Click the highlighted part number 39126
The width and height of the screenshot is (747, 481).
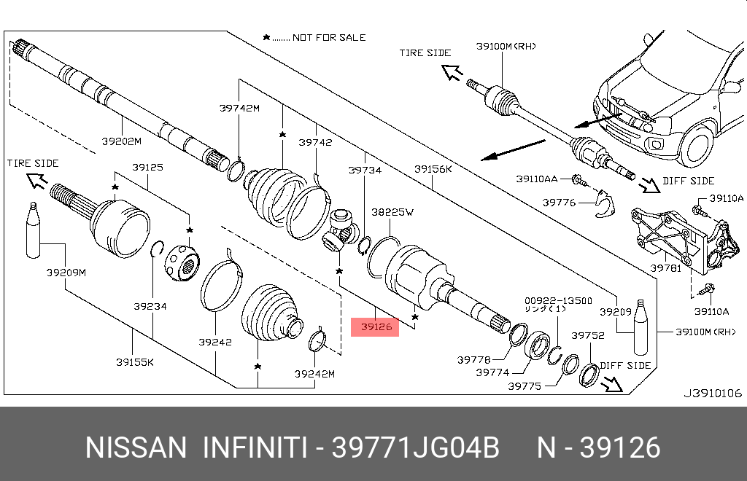click(x=377, y=327)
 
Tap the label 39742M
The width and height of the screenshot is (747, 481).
click(x=239, y=109)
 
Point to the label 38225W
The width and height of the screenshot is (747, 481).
click(x=392, y=212)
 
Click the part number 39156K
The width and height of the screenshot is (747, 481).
click(x=433, y=169)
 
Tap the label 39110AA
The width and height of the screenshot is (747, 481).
click(x=537, y=179)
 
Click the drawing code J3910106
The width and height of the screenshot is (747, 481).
click(x=712, y=393)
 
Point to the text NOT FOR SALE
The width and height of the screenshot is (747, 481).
click(x=329, y=37)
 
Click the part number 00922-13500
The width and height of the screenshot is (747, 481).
click(x=558, y=300)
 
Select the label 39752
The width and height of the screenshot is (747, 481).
click(x=588, y=335)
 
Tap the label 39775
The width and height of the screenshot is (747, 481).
click(x=525, y=387)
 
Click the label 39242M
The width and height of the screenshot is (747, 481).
click(x=314, y=374)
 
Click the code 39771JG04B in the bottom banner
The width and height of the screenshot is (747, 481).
click(x=416, y=447)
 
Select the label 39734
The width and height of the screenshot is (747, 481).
click(x=365, y=169)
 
